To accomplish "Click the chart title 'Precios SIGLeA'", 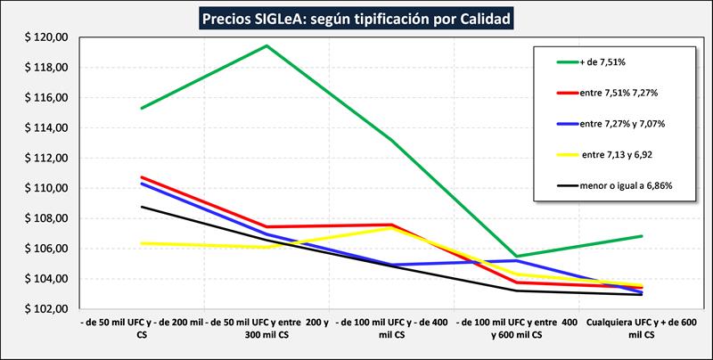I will coord(356,17).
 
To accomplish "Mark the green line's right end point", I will coord(642,236).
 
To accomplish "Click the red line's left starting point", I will coord(142,177).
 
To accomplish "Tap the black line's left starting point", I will coord(142,207).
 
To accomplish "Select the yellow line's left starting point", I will coord(142,243).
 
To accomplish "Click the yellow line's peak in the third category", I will coord(391,228).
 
